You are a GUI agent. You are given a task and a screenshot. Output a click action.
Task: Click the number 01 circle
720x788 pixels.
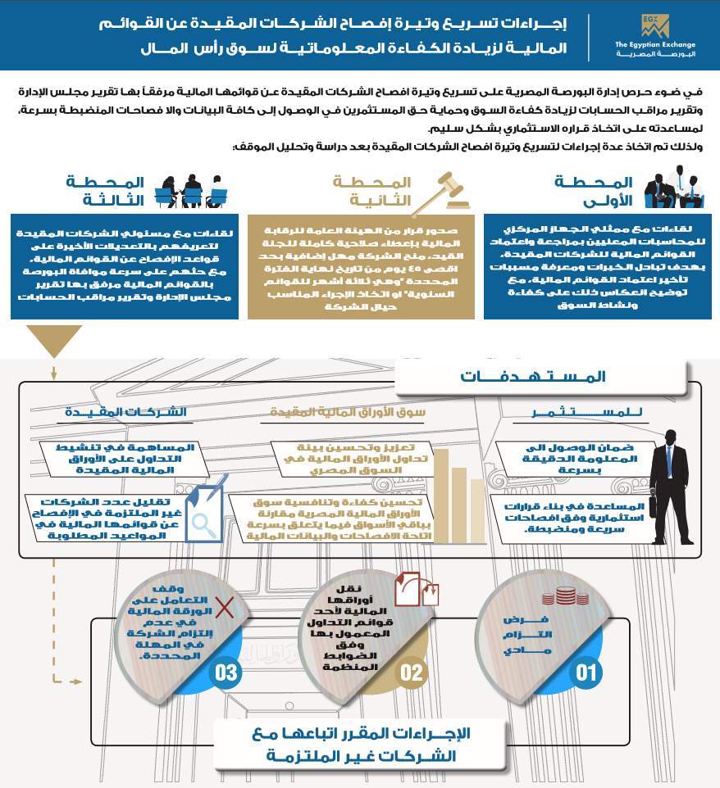(586, 673)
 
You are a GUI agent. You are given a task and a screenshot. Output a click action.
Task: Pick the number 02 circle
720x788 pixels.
(412, 673)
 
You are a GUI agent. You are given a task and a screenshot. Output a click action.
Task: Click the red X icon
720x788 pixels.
(224, 606)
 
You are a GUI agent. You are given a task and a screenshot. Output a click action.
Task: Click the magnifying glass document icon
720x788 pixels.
(203, 519)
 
